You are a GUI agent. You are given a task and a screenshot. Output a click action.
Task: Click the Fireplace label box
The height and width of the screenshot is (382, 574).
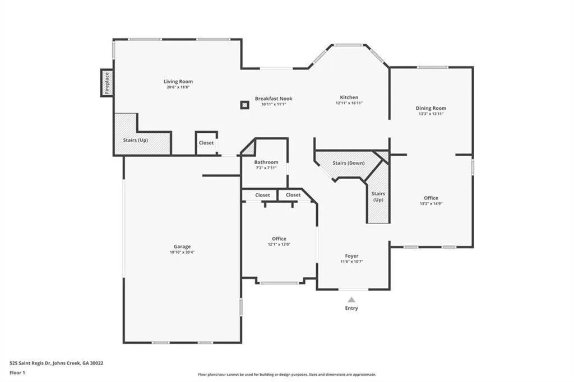pyautogui.click(x=107, y=83)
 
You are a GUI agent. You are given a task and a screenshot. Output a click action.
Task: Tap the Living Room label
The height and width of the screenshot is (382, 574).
pyautogui.click(x=178, y=82)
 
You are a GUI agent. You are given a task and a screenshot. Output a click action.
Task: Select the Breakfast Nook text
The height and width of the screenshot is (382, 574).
pyautogui.click(x=274, y=99)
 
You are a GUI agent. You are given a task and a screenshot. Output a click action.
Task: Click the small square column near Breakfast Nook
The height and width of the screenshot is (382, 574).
pyautogui.click(x=244, y=105)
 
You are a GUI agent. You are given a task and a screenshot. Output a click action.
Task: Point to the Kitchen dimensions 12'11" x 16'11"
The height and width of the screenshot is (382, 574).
pyautogui.click(x=349, y=103)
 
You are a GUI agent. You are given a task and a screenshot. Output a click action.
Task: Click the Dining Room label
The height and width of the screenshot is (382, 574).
pyautogui.click(x=431, y=108)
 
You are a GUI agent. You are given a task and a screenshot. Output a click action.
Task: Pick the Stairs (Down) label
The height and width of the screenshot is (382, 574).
pyautogui.click(x=349, y=163)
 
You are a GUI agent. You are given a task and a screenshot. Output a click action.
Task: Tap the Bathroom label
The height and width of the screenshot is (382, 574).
pyautogui.click(x=266, y=162)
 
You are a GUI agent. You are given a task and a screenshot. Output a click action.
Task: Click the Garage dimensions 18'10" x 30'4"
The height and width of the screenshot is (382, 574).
pyautogui.click(x=182, y=252)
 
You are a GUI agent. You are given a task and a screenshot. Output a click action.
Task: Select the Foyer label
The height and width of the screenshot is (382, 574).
pyautogui.click(x=351, y=256)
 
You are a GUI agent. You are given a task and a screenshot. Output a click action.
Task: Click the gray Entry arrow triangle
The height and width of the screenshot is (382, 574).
pyautogui.click(x=351, y=300)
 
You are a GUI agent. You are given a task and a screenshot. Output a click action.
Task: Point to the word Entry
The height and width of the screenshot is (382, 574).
pyautogui.click(x=351, y=308)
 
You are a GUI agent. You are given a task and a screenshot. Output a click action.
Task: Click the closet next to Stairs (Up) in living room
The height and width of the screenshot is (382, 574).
pyautogui.click(x=206, y=143)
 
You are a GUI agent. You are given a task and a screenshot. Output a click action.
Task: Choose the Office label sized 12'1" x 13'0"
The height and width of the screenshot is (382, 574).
pyautogui.click(x=279, y=239)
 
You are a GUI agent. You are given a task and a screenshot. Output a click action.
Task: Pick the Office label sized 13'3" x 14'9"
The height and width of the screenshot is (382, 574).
pyautogui.click(x=431, y=198)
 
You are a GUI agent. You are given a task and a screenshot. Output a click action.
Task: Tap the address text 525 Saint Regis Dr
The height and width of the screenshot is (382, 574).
pyautogui.click(x=30, y=364)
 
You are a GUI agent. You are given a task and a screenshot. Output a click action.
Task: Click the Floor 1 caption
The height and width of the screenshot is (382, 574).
pyautogui.click(x=17, y=373)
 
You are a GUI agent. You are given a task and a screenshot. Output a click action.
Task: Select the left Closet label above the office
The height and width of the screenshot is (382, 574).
pyautogui.click(x=262, y=195)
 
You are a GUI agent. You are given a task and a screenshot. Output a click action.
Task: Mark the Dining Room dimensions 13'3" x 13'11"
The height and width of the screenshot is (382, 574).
pyautogui.click(x=431, y=114)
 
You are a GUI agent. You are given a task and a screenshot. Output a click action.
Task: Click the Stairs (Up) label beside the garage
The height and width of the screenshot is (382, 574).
pyautogui.click(x=136, y=140)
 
